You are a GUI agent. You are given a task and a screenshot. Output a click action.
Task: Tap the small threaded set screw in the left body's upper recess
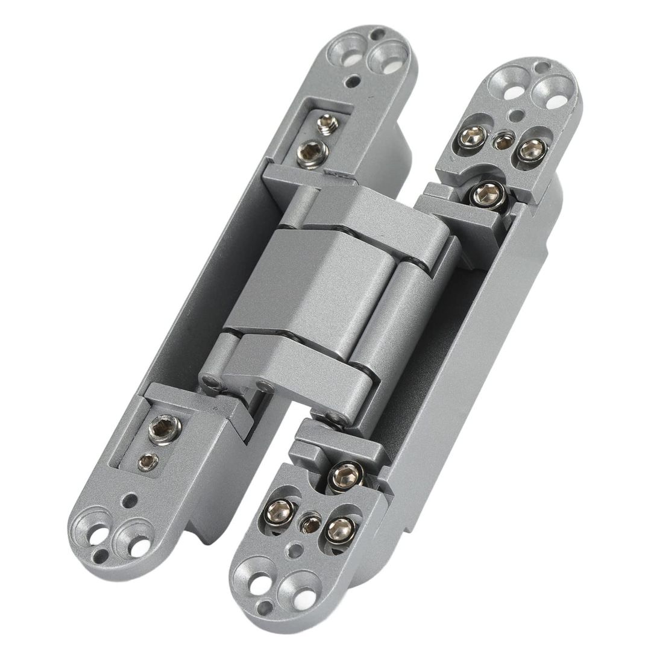coord(327,124)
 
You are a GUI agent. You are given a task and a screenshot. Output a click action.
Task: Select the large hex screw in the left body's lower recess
coord(164,429)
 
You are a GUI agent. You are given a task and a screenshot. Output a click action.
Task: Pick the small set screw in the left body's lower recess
coord(148,462)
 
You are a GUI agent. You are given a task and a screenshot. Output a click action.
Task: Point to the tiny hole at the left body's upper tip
coord(378,34)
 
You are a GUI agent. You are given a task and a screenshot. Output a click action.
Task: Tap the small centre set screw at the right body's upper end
coord(503,141)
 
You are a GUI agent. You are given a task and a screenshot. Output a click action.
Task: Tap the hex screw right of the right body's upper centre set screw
coord(531,149)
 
